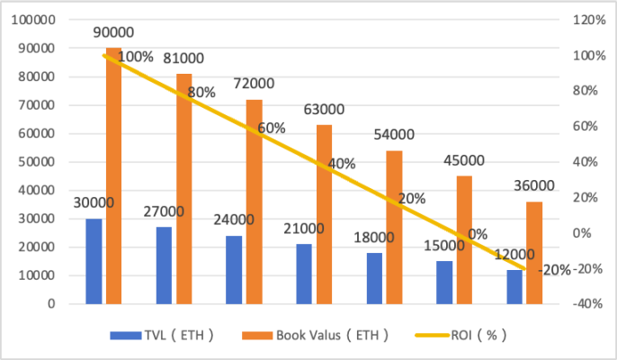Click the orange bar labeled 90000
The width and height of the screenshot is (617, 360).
tap(113, 175)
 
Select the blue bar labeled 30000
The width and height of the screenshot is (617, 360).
tap(94, 261)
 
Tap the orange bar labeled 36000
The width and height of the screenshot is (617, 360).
tap(534, 253)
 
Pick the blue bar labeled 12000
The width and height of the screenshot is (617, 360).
tap(514, 286)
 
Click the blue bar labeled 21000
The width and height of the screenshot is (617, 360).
tap(304, 274)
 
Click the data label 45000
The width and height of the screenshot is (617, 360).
tap(464, 161)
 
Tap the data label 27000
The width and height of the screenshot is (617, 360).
tap(163, 212)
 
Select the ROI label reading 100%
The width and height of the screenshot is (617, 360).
tap(135, 57)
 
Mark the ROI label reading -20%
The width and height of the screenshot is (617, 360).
tap(555, 269)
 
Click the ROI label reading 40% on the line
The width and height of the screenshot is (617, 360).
tap(342, 164)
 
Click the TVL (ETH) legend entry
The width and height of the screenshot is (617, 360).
tap(162, 335)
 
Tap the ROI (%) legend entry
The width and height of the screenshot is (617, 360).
tap(468, 335)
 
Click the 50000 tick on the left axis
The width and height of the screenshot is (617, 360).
tap(36, 162)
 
